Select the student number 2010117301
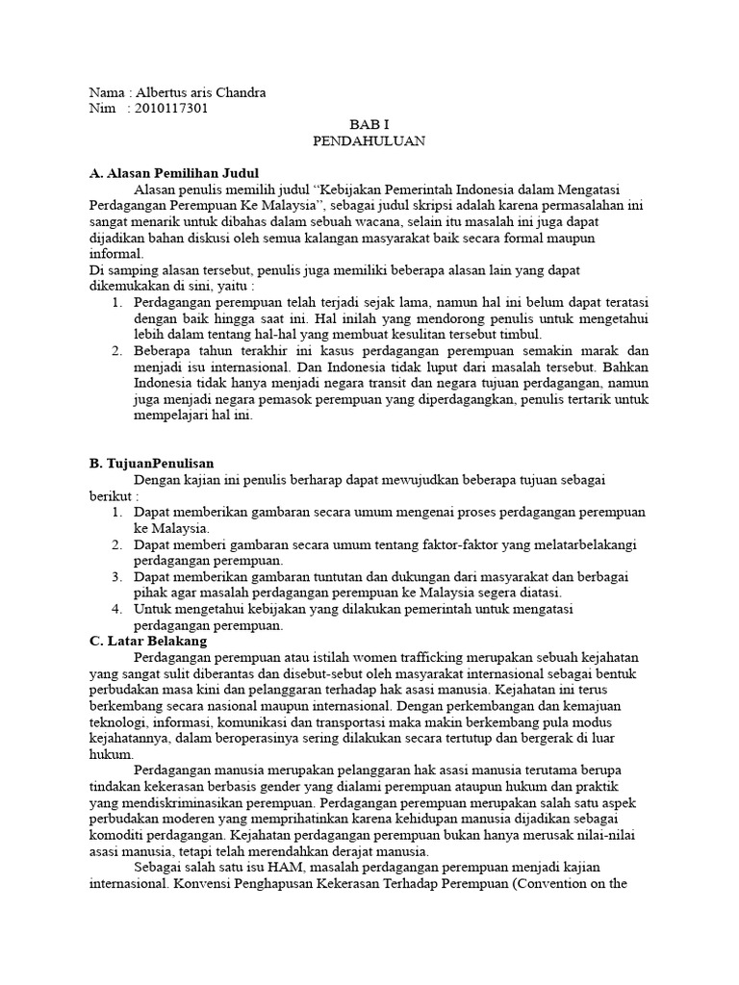point(172,109)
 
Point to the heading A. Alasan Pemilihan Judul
point(173,174)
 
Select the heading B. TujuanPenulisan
point(151,463)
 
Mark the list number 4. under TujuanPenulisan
point(116,609)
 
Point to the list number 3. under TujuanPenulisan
point(116,576)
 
